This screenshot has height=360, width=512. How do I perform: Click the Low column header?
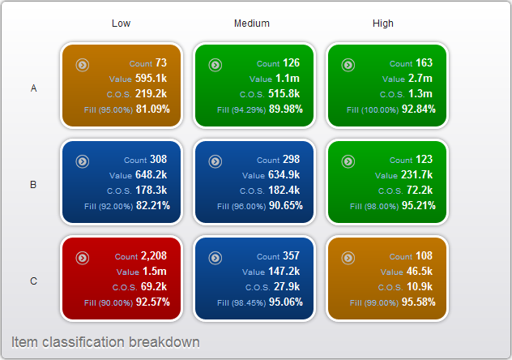pyautogui.click(x=122, y=24)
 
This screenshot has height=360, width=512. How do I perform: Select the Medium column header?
pyautogui.click(x=252, y=24)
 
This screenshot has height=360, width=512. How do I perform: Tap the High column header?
pyautogui.click(x=383, y=24)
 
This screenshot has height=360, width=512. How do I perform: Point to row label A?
pyautogui.click(x=34, y=88)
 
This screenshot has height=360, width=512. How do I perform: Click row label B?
pyautogui.click(x=33, y=185)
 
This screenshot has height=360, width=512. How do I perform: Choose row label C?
pyautogui.click(x=34, y=281)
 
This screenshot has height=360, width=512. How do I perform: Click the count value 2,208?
pyautogui.click(x=154, y=255)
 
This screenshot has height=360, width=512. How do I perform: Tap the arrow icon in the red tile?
pyautogui.click(x=83, y=258)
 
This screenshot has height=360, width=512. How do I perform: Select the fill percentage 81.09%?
pyautogui.click(x=153, y=109)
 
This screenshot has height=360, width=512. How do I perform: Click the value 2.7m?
pyautogui.click(x=420, y=79)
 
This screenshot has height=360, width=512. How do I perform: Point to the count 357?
pyautogui.click(x=292, y=255)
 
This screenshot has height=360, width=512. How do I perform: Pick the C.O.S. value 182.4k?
pyautogui.click(x=284, y=190)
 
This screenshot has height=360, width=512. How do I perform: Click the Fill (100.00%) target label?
pyautogui.click(x=373, y=110)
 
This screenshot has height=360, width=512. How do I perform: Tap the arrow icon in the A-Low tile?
pyautogui.click(x=83, y=65)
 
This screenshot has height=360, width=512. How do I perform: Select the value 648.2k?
pyautogui.click(x=151, y=175)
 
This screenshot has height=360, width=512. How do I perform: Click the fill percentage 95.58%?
pyautogui.click(x=419, y=302)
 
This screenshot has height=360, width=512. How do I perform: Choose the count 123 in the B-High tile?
pyautogui.click(x=425, y=160)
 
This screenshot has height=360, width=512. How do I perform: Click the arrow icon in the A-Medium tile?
pyautogui.click(x=215, y=65)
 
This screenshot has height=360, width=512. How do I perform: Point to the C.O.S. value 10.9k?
pyautogui.click(x=420, y=286)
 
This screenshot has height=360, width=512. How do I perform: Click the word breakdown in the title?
pyautogui.click(x=164, y=342)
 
